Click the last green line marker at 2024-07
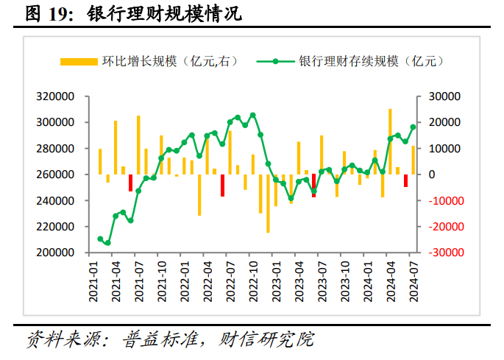pos(413,127)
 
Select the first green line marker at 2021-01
pos(100,239)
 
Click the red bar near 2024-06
pos(405,180)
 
